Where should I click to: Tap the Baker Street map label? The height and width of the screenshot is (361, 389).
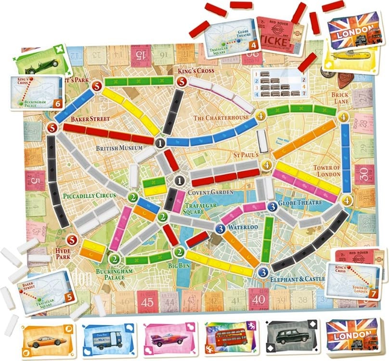click(x=90, y=118)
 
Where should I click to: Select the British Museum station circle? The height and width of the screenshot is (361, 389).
click(x=160, y=142)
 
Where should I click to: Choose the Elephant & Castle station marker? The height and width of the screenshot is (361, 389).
click(x=262, y=272)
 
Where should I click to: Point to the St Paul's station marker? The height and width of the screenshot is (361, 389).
click(x=267, y=165)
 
